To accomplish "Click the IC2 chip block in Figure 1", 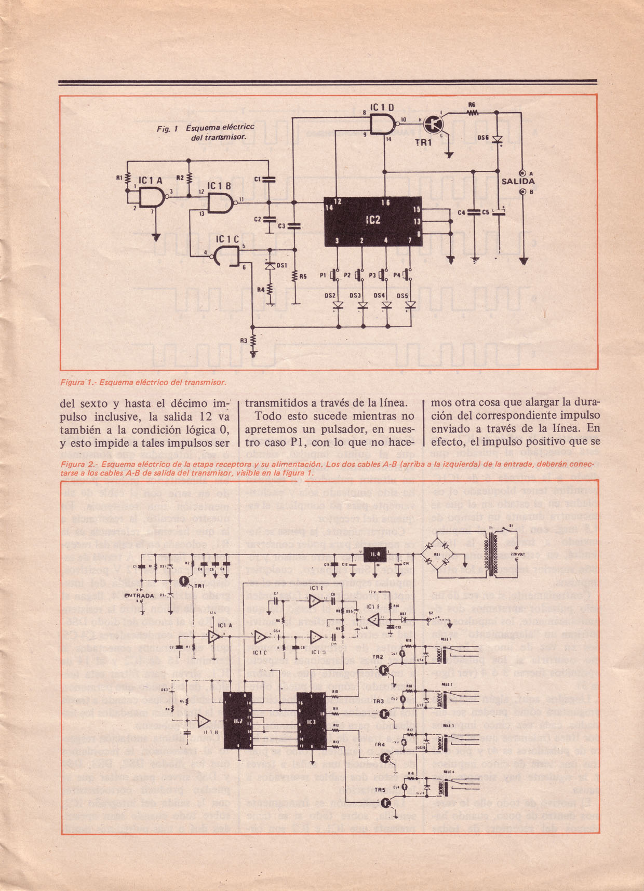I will click(373, 221).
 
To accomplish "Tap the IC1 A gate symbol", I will click(151, 196).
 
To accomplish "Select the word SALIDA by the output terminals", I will click(518, 181).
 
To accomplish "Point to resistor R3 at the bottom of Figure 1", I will click(253, 341).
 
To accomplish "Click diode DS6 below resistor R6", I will click(498, 139).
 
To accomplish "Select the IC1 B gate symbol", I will click(221, 203).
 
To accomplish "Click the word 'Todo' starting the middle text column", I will click(269, 416).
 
